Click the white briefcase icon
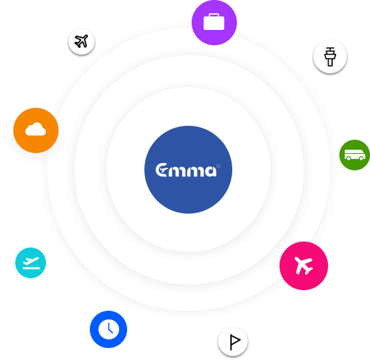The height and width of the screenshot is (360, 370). coord(214,22)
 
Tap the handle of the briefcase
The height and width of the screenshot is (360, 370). coord(214,15)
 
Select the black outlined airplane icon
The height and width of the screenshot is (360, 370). coord(81,41)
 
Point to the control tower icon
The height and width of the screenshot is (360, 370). coord(330,57)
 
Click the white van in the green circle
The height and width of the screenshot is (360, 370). coord(355,155)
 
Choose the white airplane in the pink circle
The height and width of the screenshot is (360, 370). coord(303,266)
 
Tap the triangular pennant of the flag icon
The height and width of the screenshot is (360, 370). coord(236,340)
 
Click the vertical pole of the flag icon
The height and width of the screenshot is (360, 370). coord(231,342)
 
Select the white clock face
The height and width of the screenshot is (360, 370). coord(108,329)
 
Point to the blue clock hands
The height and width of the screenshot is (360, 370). coord(110,328)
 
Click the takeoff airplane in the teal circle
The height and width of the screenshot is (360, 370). coord(31,261)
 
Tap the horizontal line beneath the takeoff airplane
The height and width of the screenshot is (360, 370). coord(31,268)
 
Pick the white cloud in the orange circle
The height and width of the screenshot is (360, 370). coord(36,129)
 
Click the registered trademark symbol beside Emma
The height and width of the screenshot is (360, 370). coord(218,166)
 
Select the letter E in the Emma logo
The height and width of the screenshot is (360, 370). coord(162,170)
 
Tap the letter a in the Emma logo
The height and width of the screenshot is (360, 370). coord(210,171)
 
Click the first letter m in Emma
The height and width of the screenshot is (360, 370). coord(178,171)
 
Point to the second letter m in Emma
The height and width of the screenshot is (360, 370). coord(195,171)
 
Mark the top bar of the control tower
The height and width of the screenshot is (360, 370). coord(330,48)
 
